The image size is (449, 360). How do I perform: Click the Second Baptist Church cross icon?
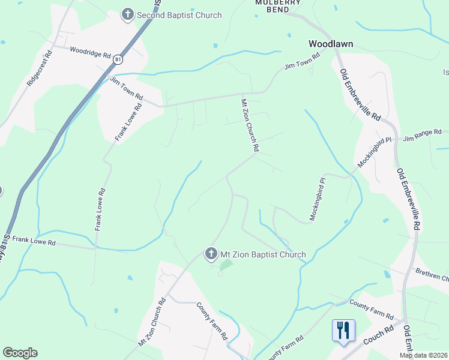tap(127, 14)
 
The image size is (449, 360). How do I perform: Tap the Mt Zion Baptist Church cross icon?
tap(211, 254)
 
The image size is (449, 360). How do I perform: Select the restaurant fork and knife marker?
tap(343, 331)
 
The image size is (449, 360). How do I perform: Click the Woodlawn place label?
tap(330, 44)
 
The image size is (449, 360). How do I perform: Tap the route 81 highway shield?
tap(118, 59)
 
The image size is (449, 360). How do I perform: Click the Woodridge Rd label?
tap(90, 52)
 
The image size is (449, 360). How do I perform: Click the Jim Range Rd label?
tap(422, 135)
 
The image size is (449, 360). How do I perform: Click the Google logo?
tap(20, 353)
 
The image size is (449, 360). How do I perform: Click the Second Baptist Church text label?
tap(179, 15)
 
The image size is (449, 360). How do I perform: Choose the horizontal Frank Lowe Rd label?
tap(34, 241)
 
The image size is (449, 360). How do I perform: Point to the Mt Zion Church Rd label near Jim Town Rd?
tap(250, 125)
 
